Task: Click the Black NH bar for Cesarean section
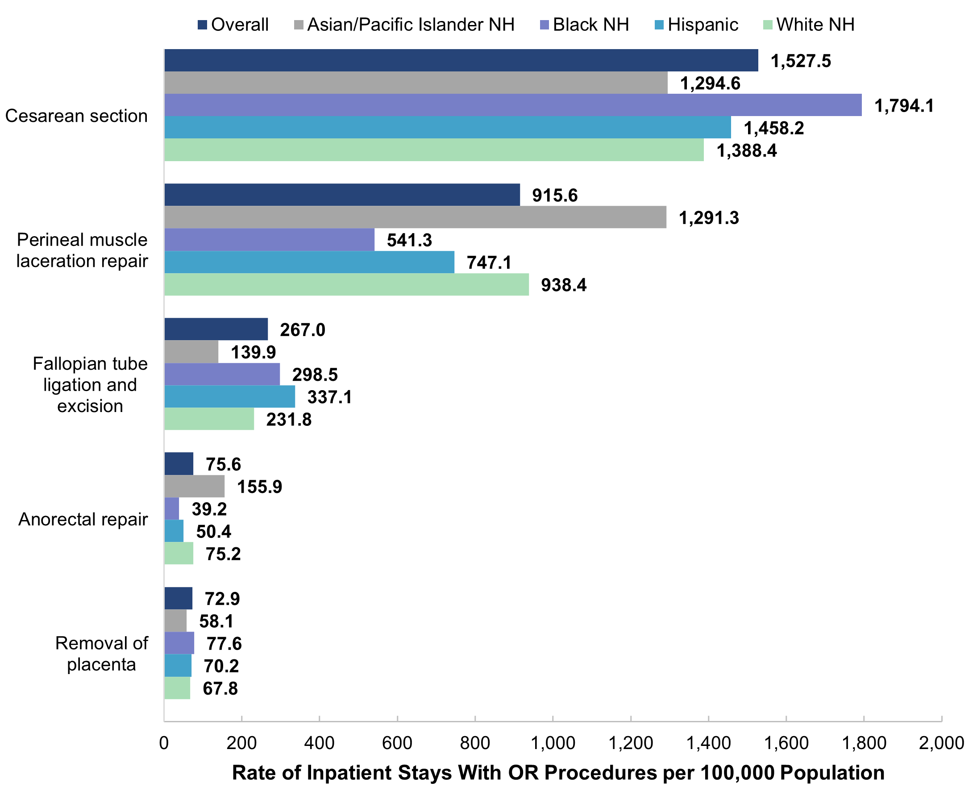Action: [512, 105]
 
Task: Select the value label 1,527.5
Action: [801, 61]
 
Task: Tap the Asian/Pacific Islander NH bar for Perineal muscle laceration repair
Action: [415, 217]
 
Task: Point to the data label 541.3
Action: [409, 240]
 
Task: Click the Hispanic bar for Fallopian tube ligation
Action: [229, 397]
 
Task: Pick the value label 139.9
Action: [253, 352]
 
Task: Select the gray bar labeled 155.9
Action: [194, 487]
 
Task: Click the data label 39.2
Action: [209, 509]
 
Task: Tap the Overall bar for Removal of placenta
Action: [178, 599]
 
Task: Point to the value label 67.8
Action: [220, 688]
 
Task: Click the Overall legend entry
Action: [233, 25]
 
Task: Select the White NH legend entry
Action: [809, 25]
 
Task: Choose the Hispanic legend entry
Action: [697, 25]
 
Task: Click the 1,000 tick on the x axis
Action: [553, 743]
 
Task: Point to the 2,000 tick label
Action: [941, 743]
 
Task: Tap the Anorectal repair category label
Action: [83, 519]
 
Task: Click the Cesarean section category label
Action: [76, 116]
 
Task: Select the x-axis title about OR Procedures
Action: [558, 772]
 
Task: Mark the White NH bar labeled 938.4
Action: [346, 284]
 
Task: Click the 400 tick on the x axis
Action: [319, 743]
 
